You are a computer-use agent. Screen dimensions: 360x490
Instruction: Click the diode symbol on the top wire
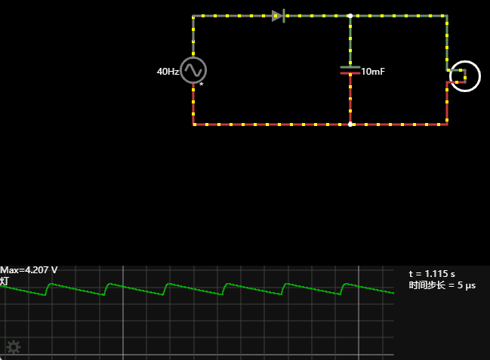(x=278, y=16)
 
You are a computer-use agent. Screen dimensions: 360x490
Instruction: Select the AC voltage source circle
(x=194, y=70)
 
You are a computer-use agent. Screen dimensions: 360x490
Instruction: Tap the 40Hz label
(x=168, y=72)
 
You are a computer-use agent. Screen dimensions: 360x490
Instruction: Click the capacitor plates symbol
(x=350, y=70)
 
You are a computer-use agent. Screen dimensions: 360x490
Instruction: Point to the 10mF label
(x=373, y=72)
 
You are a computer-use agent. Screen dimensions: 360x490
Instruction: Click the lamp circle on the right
(x=464, y=75)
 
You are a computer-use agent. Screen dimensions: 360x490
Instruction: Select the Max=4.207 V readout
(x=29, y=270)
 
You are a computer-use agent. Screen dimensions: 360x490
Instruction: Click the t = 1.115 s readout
(x=432, y=273)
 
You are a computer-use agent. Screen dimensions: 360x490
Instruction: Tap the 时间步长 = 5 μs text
(x=442, y=285)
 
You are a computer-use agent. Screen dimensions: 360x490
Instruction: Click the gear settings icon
(x=14, y=347)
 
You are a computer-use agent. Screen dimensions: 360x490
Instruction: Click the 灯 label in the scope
(x=5, y=281)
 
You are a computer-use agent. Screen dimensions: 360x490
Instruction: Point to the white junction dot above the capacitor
(x=350, y=16)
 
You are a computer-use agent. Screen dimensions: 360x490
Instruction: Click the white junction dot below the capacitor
(x=350, y=125)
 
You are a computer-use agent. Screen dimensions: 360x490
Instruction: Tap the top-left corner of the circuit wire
(x=194, y=16)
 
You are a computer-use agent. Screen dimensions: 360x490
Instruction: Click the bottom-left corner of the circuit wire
(x=194, y=125)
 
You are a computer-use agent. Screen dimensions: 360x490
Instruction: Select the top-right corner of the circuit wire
(x=447, y=16)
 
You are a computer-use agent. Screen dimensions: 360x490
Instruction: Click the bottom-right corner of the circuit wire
(x=447, y=125)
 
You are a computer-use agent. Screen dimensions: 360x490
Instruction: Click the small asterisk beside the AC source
(x=202, y=85)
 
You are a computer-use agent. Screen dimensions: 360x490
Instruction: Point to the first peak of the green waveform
(x=51, y=284)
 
